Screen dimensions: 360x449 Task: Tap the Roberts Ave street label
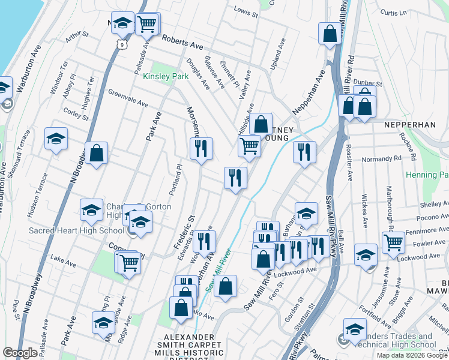click(x=183, y=41)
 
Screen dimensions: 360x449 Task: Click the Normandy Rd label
click(x=381, y=159)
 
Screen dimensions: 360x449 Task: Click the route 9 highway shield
click(x=122, y=44)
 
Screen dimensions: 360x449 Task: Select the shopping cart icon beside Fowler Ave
click(x=393, y=242)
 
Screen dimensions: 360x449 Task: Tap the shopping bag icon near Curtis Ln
click(x=330, y=34)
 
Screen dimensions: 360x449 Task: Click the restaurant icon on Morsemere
click(x=201, y=148)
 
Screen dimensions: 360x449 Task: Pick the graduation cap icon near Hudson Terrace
click(x=56, y=139)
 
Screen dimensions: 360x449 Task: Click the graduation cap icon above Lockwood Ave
click(x=366, y=254)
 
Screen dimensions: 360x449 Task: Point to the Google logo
click(x=20, y=353)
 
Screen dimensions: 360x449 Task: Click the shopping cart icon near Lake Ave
click(x=129, y=262)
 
